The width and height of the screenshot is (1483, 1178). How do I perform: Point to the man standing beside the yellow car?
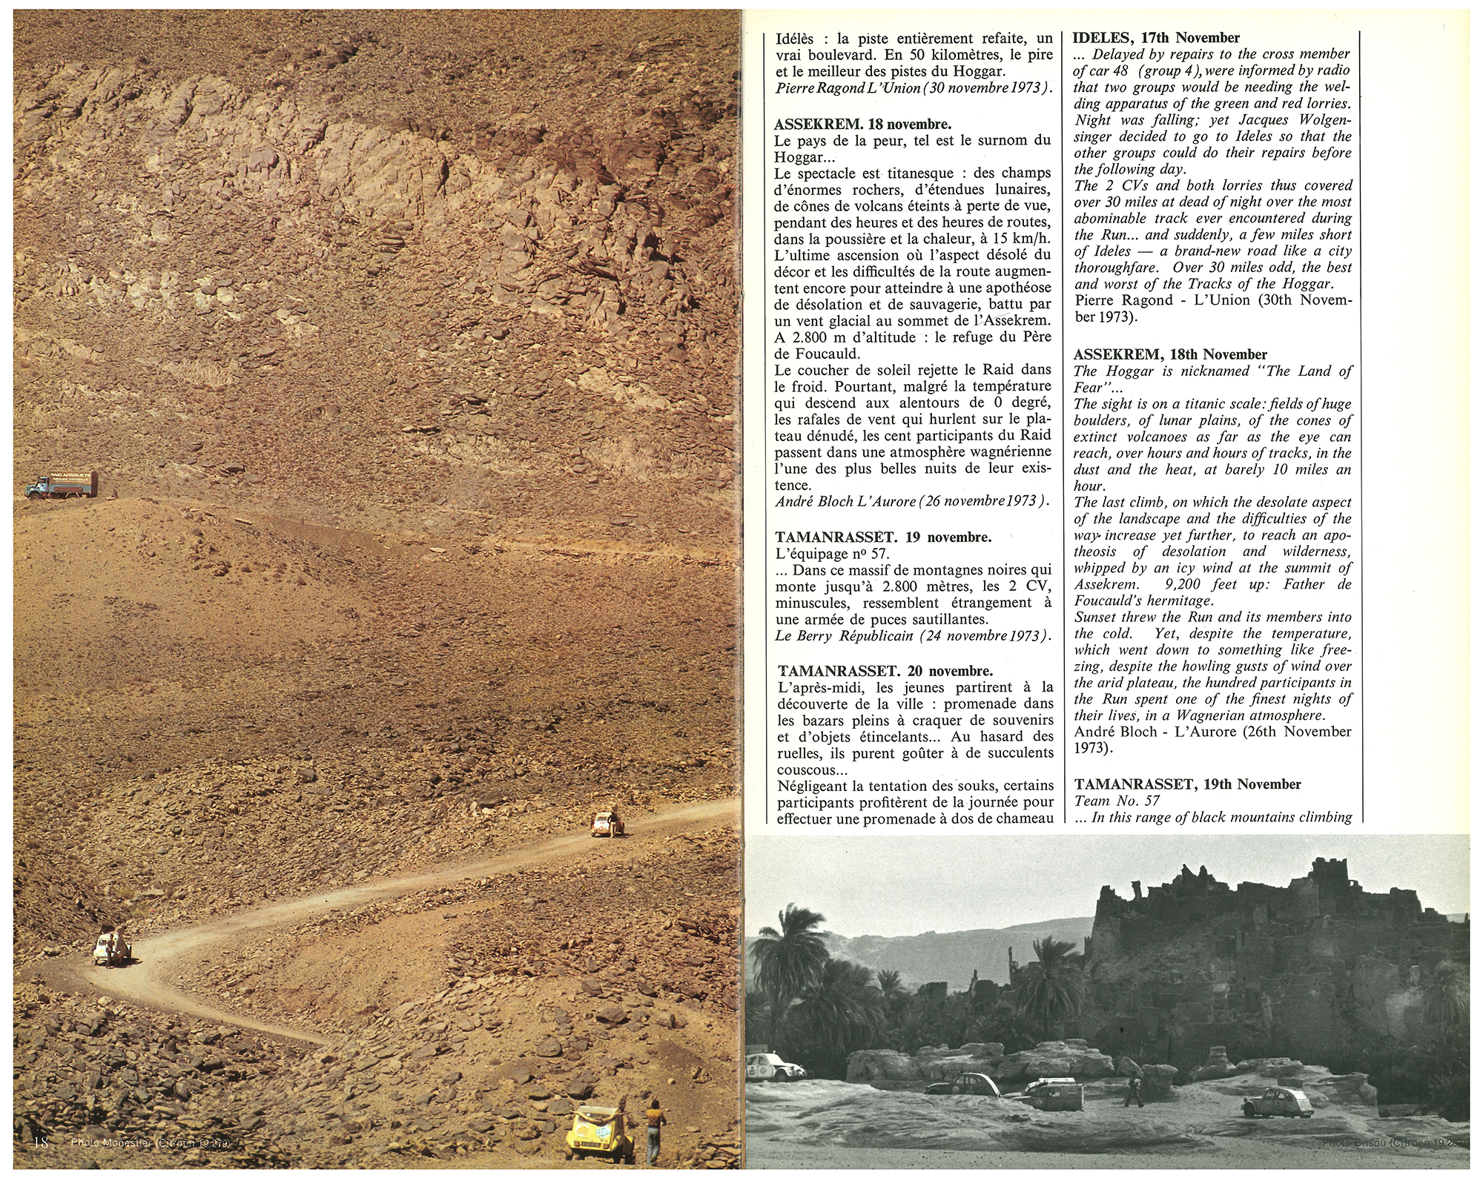(x=653, y=1133)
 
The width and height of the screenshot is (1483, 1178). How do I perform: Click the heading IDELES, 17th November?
(x=1157, y=38)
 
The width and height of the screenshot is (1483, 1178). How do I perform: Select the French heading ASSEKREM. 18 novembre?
(x=863, y=124)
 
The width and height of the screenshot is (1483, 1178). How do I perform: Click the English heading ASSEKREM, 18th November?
(x=1171, y=354)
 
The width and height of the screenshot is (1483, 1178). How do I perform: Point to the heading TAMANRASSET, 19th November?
(x=1186, y=784)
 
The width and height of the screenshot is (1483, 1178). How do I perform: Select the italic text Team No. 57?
(x=1117, y=801)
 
